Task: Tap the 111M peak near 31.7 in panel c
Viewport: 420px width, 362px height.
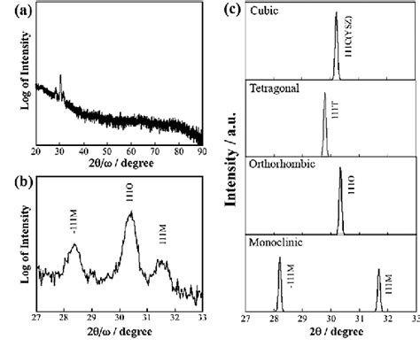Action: tap(378, 270)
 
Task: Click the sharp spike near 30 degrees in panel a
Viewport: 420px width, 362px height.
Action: tap(59, 76)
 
